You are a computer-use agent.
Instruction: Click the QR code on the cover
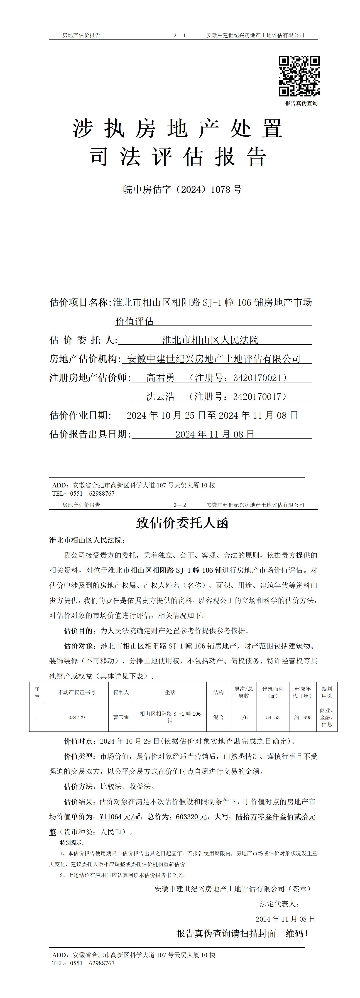click(299, 76)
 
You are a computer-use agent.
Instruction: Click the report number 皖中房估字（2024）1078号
click(182, 189)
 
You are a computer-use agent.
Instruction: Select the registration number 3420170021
click(260, 378)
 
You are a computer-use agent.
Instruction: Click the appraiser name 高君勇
click(160, 378)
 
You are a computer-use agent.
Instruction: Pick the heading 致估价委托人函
click(182, 523)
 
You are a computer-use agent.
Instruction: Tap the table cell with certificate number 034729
click(76, 717)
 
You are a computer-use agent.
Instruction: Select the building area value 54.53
click(272, 717)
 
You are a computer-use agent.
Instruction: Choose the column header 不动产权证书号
click(76, 692)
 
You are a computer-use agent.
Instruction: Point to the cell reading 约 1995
click(303, 717)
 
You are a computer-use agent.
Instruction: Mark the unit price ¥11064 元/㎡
click(120, 817)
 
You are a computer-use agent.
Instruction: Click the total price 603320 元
click(191, 817)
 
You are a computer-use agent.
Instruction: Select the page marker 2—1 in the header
click(180, 35)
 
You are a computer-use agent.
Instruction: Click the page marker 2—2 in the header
click(180, 505)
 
